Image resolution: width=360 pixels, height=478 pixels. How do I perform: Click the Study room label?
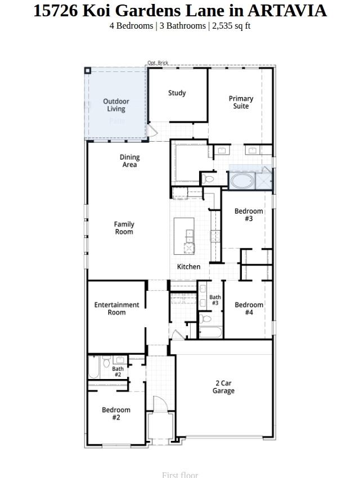pyautogui.click(x=177, y=93)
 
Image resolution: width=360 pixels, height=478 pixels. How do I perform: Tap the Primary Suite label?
pyautogui.click(x=241, y=102)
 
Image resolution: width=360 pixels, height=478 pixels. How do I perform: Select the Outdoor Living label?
pyautogui.click(x=116, y=105)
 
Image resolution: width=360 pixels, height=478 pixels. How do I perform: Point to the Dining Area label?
pyautogui.click(x=129, y=161)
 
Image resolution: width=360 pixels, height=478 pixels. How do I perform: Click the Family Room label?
pyautogui.click(x=124, y=228)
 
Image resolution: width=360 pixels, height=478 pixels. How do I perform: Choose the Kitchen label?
pyautogui.click(x=188, y=267)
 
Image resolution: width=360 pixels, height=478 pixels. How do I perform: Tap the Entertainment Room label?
pyautogui.click(x=116, y=308)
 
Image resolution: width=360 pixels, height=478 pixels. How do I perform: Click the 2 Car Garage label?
pyautogui.click(x=223, y=387)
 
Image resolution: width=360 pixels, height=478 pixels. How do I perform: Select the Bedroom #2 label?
pyautogui.click(x=116, y=413)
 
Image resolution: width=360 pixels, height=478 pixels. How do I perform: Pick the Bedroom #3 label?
pyautogui.click(x=249, y=215)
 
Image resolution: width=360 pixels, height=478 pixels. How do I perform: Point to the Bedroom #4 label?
pyautogui.click(x=249, y=308)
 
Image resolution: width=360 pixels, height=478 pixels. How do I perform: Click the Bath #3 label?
pyautogui.click(x=215, y=300)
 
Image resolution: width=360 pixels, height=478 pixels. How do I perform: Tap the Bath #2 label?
pyautogui.click(x=118, y=372)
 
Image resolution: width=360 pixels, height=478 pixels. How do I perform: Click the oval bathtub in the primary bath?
pyautogui.click(x=241, y=182)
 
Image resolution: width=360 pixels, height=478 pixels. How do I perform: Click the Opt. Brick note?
pyautogui.click(x=157, y=63)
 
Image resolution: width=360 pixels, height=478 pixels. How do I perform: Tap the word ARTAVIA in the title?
pyautogui.click(x=286, y=10)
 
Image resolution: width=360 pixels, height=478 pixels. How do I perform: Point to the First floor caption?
pyautogui.click(x=180, y=474)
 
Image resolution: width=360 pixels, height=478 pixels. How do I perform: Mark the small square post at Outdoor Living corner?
pyautogui.click(x=88, y=70)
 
